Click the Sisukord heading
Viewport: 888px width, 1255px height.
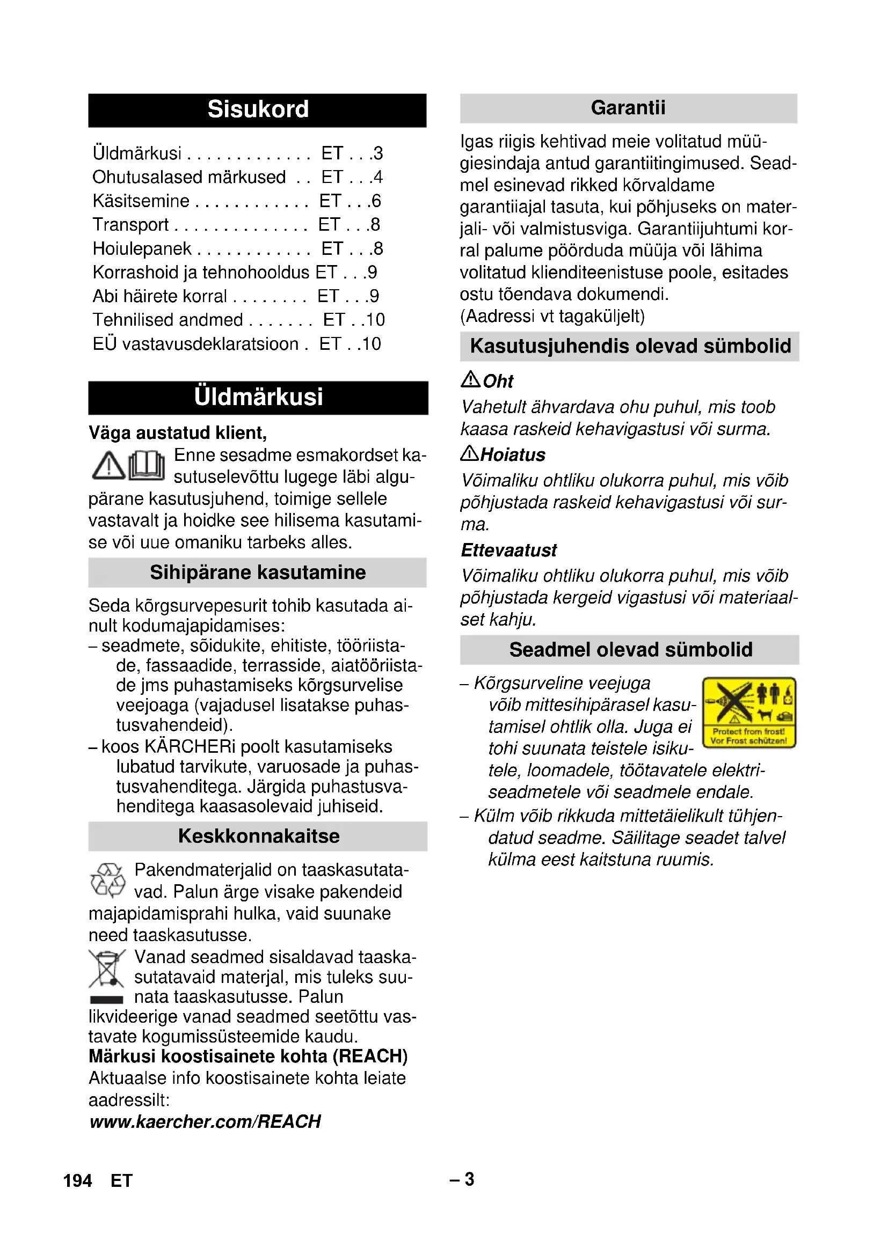[x=258, y=109]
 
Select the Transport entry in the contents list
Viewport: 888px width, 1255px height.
[x=130, y=225]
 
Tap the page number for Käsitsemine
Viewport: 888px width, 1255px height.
[x=375, y=201]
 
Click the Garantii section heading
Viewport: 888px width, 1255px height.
[x=628, y=108]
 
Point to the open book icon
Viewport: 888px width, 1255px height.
[x=147, y=465]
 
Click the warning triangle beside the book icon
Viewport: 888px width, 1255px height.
[x=108, y=466]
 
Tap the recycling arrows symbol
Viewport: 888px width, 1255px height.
[x=107, y=880]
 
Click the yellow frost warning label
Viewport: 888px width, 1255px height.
[x=748, y=712]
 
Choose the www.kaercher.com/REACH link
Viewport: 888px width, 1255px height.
[x=205, y=1121]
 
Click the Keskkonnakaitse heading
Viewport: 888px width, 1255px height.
[x=258, y=836]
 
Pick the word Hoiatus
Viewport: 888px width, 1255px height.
[x=513, y=455]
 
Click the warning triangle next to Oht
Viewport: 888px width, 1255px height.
[x=470, y=379]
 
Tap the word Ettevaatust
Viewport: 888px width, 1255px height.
[x=508, y=551]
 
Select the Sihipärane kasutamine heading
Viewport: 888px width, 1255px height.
[x=258, y=573]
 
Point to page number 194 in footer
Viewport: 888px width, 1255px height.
[x=77, y=1180]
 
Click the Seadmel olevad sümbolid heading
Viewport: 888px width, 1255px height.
[x=630, y=650]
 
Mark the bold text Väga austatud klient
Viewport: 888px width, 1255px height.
[x=178, y=433]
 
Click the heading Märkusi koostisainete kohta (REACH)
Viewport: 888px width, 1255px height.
[x=248, y=1056]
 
